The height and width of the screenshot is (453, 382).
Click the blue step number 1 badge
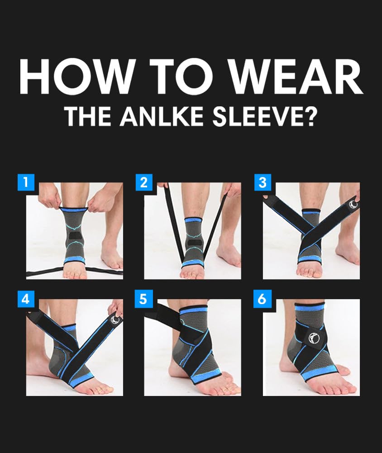coord(26,182)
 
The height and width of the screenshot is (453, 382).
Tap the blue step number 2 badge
coord(144,182)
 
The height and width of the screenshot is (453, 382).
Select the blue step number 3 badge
coord(263,182)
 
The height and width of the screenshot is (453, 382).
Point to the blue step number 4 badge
coord(26,299)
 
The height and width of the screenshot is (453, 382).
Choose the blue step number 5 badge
coord(144,299)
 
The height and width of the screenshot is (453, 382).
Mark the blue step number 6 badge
coord(263,299)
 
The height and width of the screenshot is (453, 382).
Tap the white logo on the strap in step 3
coord(353,205)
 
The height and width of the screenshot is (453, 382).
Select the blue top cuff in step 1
coord(75,209)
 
